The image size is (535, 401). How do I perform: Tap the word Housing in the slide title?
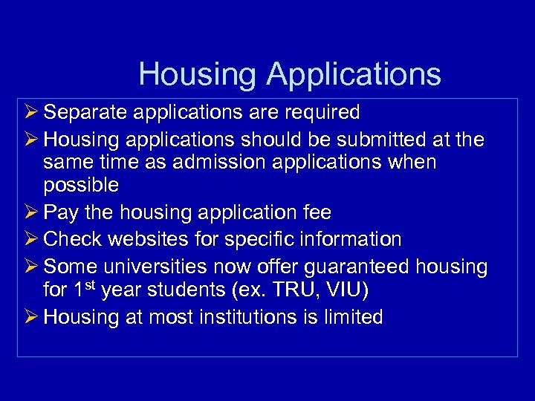point(197,74)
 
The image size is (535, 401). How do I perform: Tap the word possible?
point(81,184)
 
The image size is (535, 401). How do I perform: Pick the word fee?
point(317,212)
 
